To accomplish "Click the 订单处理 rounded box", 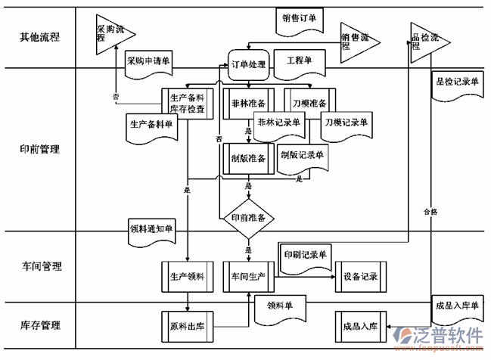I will (247, 66).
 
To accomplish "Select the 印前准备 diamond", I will (247, 218).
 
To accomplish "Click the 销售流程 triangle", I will (355, 40).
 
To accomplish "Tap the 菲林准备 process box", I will (247, 104).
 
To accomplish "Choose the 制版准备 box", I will (247, 158).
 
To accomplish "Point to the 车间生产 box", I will (247, 277).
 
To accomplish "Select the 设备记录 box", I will (360, 277).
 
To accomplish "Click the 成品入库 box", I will (360, 326).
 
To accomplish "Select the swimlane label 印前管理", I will (39, 149).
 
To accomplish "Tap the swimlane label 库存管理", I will (39, 326).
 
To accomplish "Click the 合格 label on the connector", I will (430, 212).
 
